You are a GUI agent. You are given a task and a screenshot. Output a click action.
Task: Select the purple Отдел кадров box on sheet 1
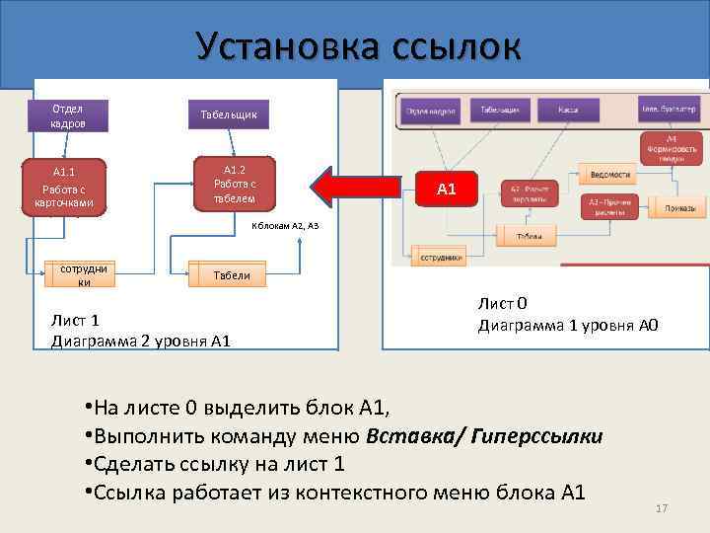coord(68,115)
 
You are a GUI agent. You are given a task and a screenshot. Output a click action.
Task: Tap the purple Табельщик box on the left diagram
coord(228,115)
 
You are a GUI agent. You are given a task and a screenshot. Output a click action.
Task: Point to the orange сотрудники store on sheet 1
coord(80,274)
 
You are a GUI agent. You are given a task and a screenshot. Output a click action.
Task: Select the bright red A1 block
coord(446,188)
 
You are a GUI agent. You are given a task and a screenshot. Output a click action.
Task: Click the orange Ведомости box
coord(608,174)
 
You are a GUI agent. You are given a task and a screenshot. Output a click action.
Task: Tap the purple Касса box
coord(566,110)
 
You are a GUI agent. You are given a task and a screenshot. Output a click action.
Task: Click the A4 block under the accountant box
coord(671,148)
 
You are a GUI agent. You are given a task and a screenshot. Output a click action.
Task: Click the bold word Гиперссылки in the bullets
coord(546,436)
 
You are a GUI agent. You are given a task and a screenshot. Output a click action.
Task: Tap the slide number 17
coord(662,508)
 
